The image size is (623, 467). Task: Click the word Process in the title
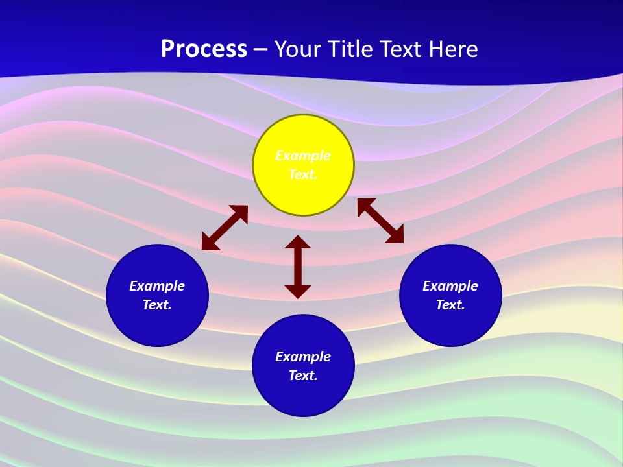(204, 49)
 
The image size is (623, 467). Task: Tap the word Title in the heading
(354, 49)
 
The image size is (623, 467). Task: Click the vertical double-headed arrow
(298, 267)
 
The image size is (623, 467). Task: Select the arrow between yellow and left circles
(225, 228)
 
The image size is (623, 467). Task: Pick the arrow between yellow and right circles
(380, 221)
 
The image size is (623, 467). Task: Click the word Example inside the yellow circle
(303, 156)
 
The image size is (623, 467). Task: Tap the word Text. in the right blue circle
(450, 305)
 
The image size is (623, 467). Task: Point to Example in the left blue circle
(157, 286)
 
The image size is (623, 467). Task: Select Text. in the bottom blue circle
(303, 376)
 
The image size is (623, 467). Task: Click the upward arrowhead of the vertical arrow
(298, 242)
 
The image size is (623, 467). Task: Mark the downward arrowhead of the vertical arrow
(298, 291)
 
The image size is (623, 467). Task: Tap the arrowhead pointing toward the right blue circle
(395, 235)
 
